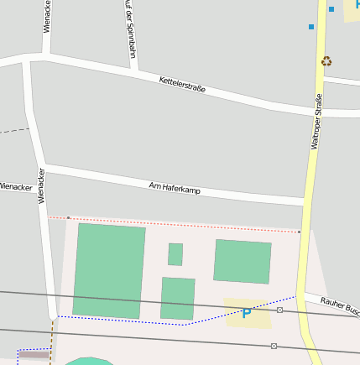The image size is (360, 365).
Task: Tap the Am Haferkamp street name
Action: tap(175, 188)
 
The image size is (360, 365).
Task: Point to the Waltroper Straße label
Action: tap(316, 123)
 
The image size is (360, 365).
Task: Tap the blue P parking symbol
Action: tap(246, 314)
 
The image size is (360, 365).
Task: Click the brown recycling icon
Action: tap(326, 60)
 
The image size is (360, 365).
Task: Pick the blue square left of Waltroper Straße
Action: tap(311, 27)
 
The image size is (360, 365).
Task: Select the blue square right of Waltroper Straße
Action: tap(331, 9)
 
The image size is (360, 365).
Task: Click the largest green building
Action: tap(109, 270)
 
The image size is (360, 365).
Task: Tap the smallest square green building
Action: tap(175, 254)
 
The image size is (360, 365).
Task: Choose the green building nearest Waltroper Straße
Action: tap(243, 261)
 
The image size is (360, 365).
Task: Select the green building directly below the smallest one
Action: tap(177, 299)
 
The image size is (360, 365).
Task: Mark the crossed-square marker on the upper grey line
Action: tap(279, 310)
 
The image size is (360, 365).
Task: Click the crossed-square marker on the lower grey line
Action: tap(274, 346)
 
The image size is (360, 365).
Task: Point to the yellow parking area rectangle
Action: tap(248, 312)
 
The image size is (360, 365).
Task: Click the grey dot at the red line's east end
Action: tap(299, 232)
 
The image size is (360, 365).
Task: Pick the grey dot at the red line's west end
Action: tap(68, 218)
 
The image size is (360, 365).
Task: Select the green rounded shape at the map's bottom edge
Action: tap(86, 362)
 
